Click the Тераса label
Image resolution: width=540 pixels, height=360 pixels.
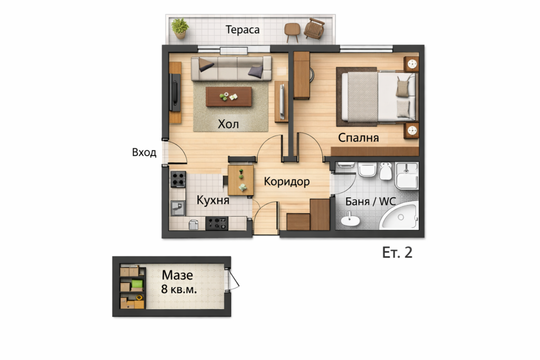243,30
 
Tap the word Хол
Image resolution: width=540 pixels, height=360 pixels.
228,124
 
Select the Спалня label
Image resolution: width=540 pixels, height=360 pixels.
358,138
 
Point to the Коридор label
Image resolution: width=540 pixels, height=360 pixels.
286,181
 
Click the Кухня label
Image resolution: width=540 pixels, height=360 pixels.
213,200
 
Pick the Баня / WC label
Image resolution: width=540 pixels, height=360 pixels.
371,201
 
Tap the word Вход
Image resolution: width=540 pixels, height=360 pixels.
144,152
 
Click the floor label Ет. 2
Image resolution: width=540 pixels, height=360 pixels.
397,252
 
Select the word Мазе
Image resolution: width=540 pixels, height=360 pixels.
177,275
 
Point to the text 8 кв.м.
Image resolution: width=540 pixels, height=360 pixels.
179,289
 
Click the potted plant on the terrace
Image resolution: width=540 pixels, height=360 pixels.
180,28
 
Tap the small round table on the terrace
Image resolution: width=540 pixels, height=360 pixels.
292,32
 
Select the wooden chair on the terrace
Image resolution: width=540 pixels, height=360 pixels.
314,28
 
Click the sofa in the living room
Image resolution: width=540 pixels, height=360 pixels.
232,68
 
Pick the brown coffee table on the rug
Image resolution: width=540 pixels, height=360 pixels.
229,96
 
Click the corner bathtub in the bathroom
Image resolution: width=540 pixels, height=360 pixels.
400,217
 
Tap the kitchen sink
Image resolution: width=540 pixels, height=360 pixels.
178,208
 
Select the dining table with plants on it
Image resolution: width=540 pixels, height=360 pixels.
240,180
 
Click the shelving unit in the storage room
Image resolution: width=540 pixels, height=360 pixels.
132,286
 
